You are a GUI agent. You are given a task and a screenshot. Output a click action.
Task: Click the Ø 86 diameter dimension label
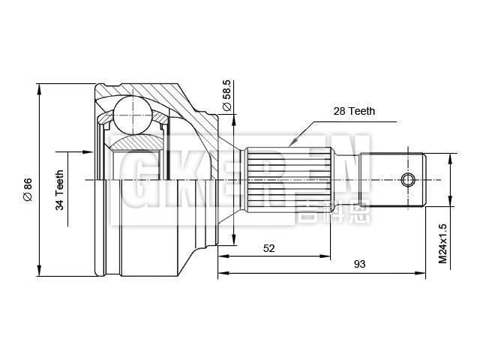click(28, 190)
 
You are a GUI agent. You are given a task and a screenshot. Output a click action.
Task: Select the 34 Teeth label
click(60, 190)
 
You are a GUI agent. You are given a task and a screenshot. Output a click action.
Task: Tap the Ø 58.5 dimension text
click(226, 95)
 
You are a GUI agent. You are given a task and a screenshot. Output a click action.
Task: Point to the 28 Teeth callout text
click(354, 111)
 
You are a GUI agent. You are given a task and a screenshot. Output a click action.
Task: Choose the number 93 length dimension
click(360, 264)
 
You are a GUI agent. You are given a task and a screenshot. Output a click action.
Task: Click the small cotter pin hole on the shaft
click(408, 180)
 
